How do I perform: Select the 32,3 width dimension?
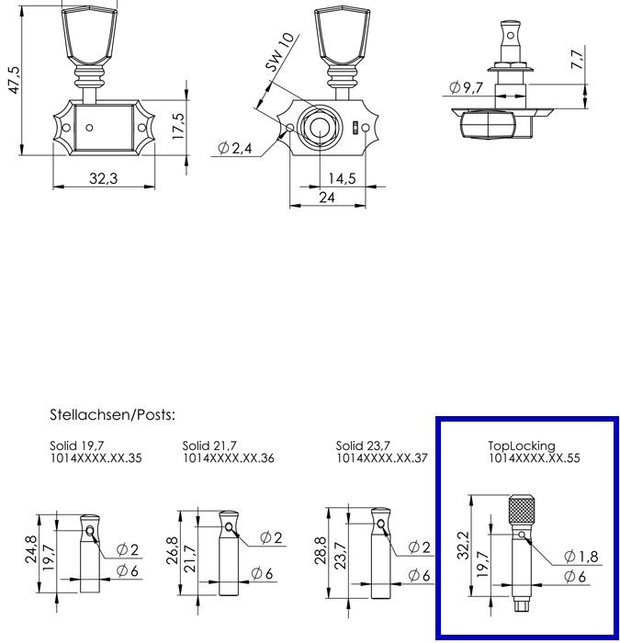(x=103, y=178)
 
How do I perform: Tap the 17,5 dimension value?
(x=180, y=124)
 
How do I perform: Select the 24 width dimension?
(x=327, y=197)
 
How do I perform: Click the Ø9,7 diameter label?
(x=467, y=88)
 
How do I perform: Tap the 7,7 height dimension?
(x=577, y=62)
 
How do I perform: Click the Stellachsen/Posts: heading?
(x=112, y=415)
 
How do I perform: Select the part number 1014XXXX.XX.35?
(x=96, y=457)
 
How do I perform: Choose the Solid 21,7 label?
(x=211, y=446)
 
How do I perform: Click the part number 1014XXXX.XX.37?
(x=382, y=457)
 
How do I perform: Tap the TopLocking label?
(x=521, y=446)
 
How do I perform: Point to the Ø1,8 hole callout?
(x=581, y=557)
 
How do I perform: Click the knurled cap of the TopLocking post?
(x=522, y=508)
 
